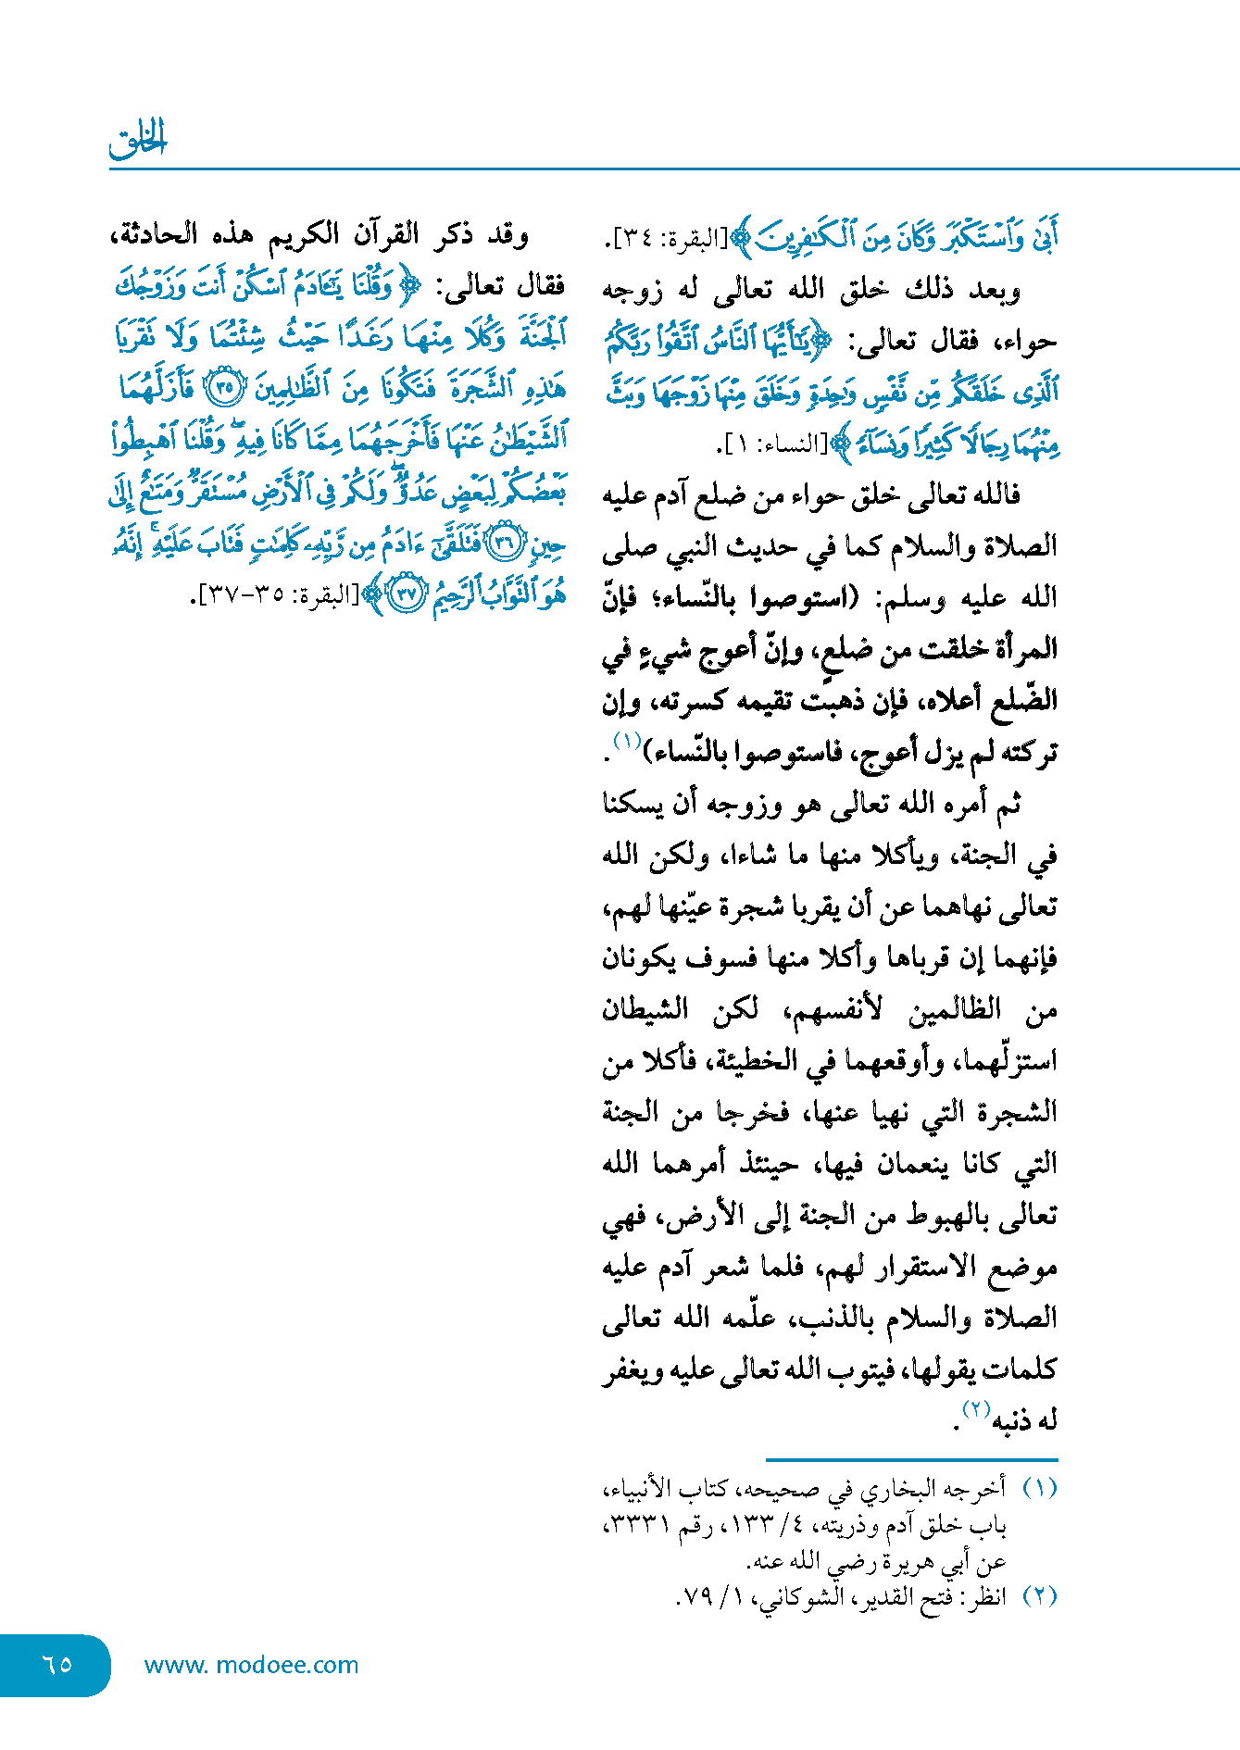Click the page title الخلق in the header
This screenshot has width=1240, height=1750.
tap(138, 140)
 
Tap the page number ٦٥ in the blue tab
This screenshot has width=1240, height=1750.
tap(57, 1664)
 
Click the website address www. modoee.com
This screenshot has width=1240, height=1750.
tap(251, 1665)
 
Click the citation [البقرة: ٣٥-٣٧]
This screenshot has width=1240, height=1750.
tap(276, 594)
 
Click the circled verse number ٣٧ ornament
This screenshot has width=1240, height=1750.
tap(406, 594)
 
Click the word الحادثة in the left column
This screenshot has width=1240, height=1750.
tap(158, 234)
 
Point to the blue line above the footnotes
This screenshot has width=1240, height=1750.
tap(911, 1460)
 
